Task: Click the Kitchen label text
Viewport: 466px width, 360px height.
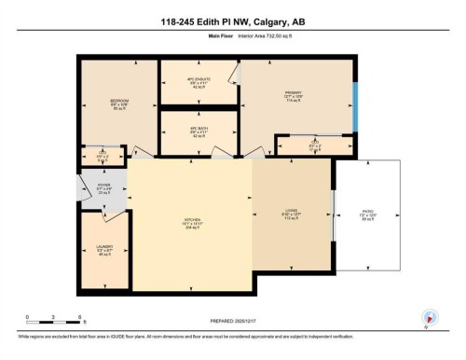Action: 193,221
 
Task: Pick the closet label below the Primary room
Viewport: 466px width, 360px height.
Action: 314,143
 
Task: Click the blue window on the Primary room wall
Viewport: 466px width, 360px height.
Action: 354,107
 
